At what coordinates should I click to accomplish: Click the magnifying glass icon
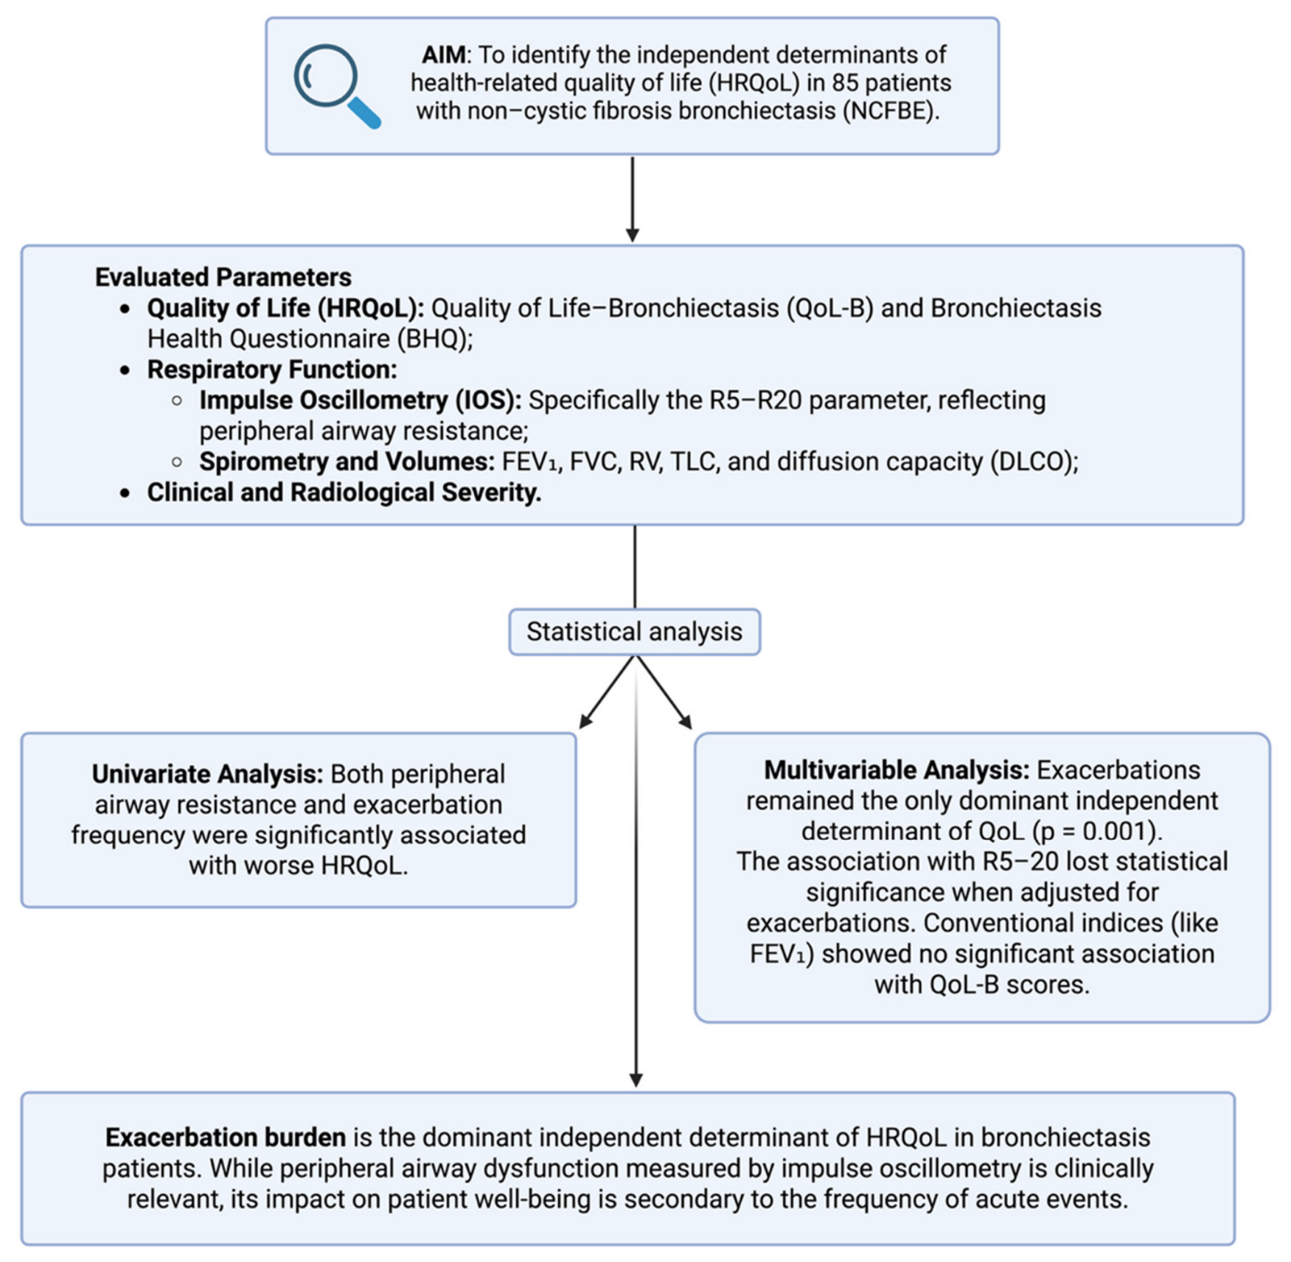[336, 86]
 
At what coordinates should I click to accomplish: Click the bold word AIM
[443, 55]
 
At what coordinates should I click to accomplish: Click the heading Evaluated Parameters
[223, 277]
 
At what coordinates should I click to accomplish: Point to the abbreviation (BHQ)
[434, 339]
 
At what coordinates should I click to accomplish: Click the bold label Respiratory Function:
[272, 369]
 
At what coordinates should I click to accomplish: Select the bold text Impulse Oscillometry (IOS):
[361, 400]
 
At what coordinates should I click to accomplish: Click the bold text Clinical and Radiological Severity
[344, 492]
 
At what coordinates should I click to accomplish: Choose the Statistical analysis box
[634, 632]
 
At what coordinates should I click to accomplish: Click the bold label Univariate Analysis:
[207, 774]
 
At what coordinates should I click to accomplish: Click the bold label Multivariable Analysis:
[897, 770]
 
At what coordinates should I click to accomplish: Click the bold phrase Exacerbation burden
[226, 1137]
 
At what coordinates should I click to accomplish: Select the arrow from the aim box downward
[633, 199]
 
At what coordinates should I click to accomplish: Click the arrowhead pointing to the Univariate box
[587, 720]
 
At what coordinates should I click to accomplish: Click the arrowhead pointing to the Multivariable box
[685, 720]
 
